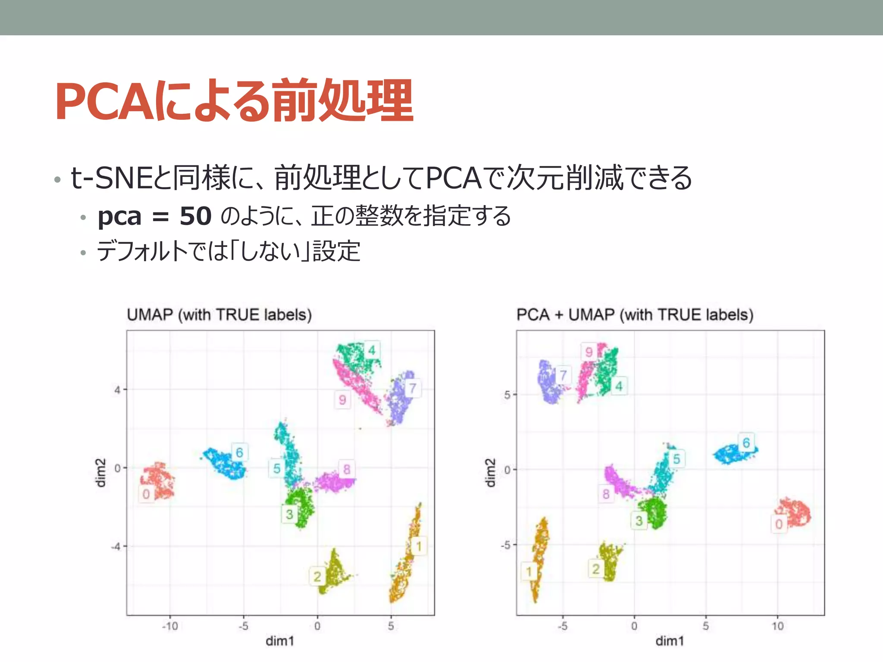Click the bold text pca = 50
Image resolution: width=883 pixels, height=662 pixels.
[154, 216]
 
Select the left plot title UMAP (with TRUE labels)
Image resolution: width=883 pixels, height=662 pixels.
[219, 315]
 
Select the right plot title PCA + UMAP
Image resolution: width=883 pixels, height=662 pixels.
[635, 315]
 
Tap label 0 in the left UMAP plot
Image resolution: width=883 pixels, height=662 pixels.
[146, 494]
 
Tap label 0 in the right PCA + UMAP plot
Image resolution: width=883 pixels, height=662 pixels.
[779, 524]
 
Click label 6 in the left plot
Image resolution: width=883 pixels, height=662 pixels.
[239, 452]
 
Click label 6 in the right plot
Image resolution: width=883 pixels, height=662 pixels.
[746, 443]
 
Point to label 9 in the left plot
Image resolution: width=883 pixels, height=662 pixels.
[342, 400]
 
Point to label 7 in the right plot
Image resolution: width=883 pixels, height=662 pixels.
[563, 375]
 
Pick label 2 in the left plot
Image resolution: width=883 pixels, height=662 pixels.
[317, 576]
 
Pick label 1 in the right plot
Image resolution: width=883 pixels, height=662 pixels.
[529, 571]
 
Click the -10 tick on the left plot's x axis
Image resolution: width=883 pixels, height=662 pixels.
[170, 626]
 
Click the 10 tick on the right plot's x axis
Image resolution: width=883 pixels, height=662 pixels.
[777, 626]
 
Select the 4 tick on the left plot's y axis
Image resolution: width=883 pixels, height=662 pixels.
[117, 390]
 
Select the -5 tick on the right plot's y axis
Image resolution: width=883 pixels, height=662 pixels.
[506, 545]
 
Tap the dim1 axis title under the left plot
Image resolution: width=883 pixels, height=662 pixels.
[280, 641]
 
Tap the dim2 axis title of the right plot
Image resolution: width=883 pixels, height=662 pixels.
[490, 473]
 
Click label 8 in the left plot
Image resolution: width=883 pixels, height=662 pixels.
[347, 469]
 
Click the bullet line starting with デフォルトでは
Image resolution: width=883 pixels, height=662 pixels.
[229, 251]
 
